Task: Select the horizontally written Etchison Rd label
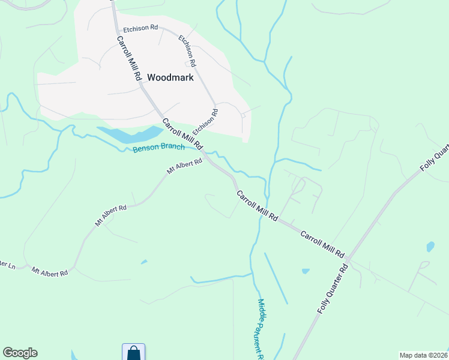[140, 28]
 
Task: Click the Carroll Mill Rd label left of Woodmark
[128, 59]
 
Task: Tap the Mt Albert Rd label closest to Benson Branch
[184, 166]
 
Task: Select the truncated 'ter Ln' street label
[8, 265]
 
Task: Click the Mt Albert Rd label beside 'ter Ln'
[50, 272]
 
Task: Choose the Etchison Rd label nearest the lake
[205, 122]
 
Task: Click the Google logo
[20, 353]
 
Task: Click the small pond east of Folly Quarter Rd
[430, 246]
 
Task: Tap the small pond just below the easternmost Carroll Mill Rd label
[306, 271]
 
